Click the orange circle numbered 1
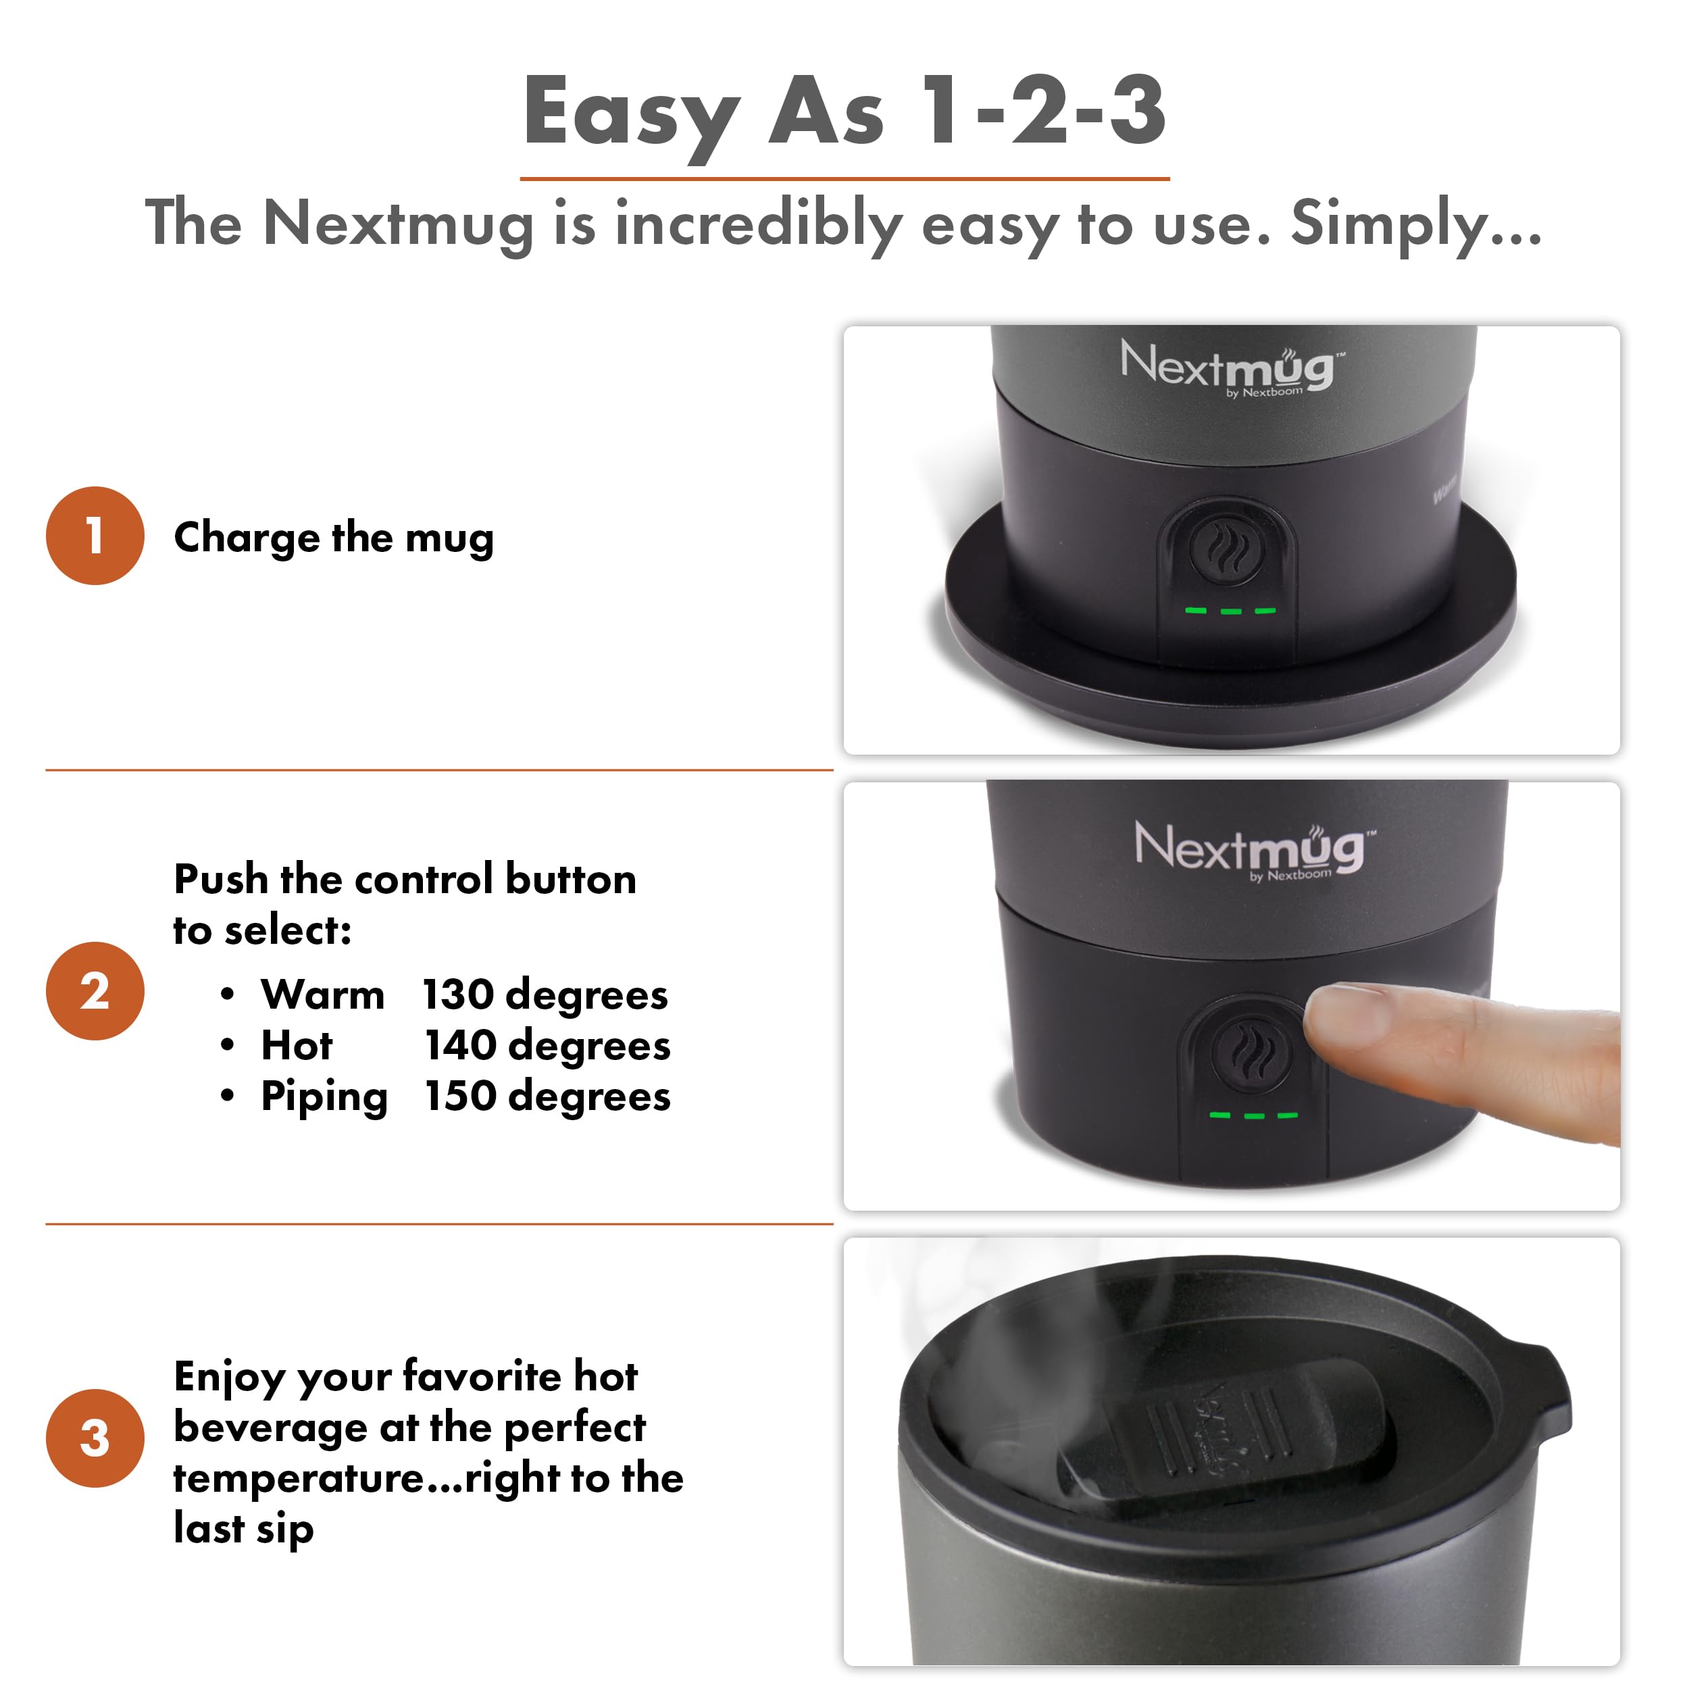pos(95,536)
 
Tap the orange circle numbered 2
pos(95,990)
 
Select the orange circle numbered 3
pos(95,1438)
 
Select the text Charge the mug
pos(333,537)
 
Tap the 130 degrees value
pos(545,995)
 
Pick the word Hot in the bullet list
pos(297,1046)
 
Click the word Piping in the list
pos(324,1097)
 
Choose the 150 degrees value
pos(547,1096)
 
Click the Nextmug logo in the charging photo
pos(1228,366)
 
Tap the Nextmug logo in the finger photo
pos(1250,848)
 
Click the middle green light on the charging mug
pos(1231,611)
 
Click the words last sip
pos(243,1529)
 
